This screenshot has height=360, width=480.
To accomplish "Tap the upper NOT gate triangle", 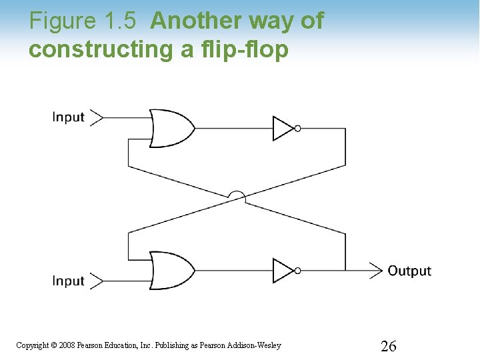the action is [283, 128].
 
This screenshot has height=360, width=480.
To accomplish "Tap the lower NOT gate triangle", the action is [283, 270].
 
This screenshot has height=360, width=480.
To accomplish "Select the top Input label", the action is [69, 117].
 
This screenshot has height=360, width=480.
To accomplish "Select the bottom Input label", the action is [69, 281].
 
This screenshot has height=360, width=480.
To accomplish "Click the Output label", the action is [409, 271].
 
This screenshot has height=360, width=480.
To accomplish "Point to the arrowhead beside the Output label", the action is [375, 270].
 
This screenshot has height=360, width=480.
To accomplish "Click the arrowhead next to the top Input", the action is [97, 118].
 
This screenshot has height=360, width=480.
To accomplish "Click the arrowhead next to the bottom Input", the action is [97, 281].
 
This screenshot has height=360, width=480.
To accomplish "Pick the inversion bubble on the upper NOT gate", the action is [297, 128].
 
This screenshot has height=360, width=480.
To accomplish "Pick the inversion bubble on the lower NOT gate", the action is [297, 270].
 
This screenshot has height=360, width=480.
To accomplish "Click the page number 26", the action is [388, 346].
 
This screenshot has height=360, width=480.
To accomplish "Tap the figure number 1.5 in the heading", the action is [121, 21].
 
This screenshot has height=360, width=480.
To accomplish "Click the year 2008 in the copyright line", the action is [67, 345].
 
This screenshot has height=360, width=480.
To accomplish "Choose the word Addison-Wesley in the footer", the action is [255, 345].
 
